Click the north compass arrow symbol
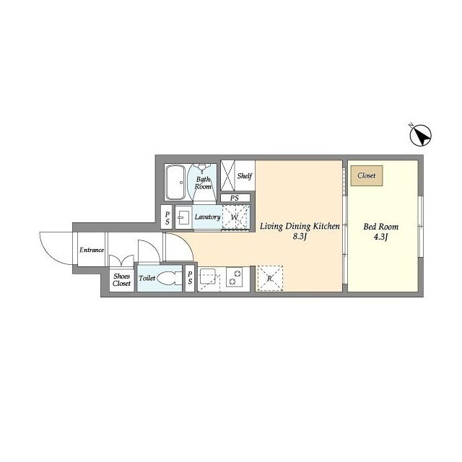(420, 136)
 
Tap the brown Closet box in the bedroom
(367, 175)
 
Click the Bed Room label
(380, 227)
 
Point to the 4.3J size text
(380, 237)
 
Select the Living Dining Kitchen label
(300, 226)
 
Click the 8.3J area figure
(300, 237)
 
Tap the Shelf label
(245, 176)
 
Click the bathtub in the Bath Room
(175, 183)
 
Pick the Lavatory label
(207, 217)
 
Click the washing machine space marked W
(235, 217)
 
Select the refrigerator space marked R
(270, 279)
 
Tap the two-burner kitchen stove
(234, 276)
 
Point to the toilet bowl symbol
(169, 278)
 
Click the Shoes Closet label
(121, 280)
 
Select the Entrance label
(92, 250)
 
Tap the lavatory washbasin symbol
(183, 218)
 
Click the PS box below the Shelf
(235, 198)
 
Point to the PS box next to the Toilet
(190, 279)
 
